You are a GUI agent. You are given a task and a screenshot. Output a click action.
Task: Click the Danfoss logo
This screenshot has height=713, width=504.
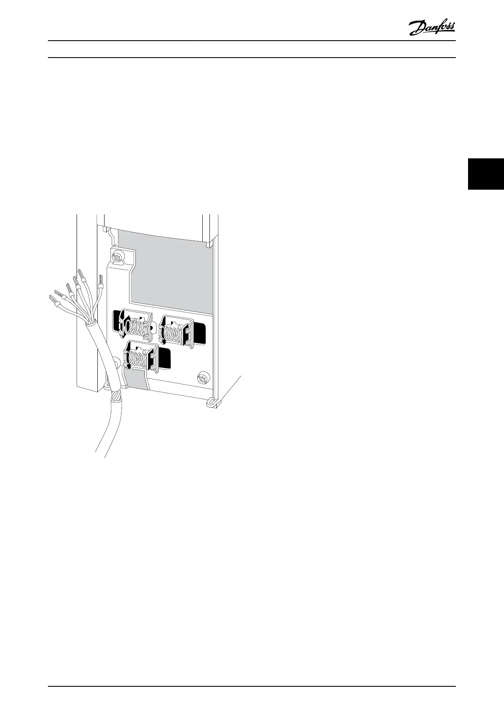432,28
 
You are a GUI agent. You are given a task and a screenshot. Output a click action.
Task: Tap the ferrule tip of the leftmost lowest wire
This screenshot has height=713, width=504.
53,301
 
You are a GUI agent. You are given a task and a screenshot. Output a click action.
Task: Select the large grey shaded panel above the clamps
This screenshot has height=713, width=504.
169,271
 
